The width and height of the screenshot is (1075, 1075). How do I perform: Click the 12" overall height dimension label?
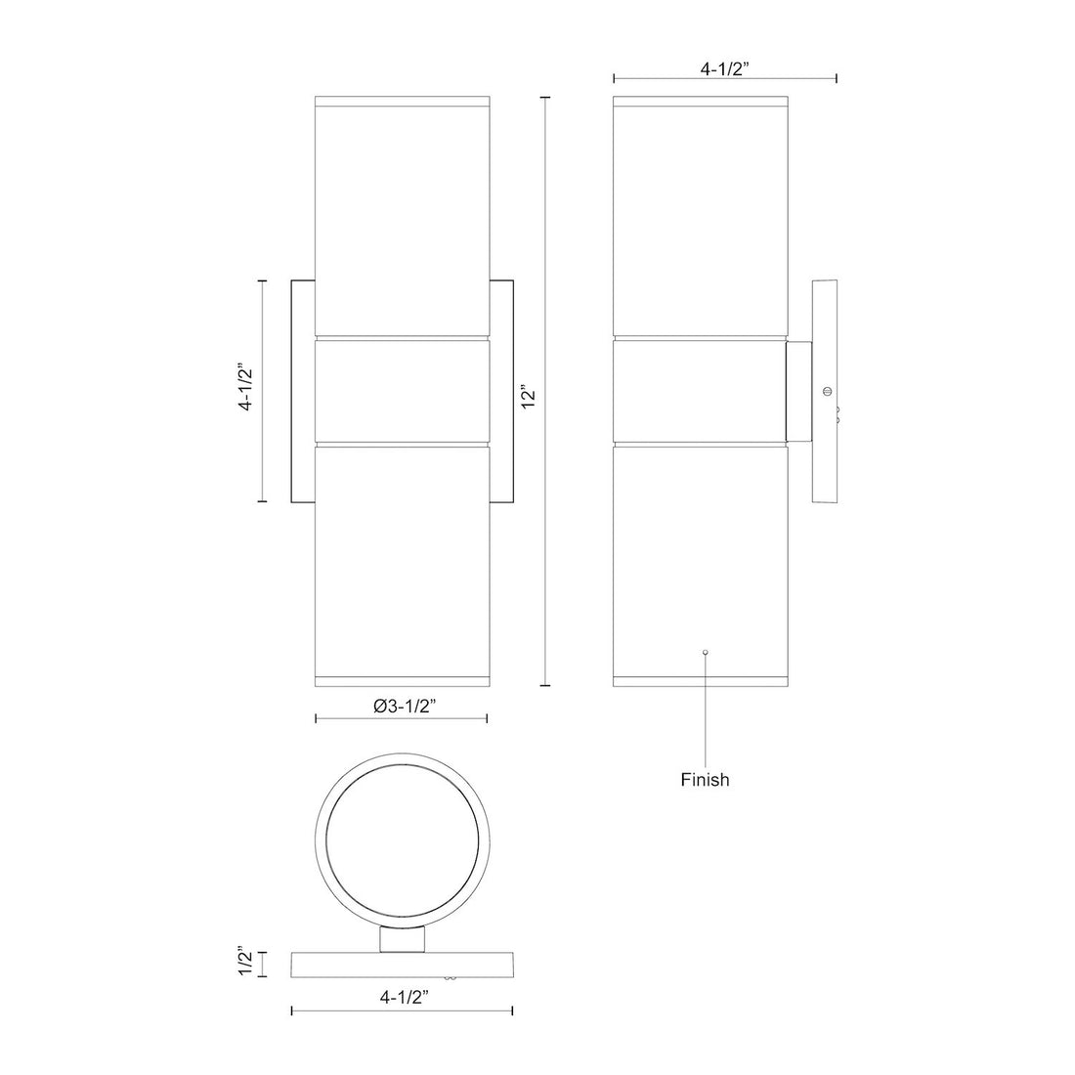point(529,391)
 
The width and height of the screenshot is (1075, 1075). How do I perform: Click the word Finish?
point(705,780)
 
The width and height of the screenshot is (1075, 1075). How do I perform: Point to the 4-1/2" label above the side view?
point(724,69)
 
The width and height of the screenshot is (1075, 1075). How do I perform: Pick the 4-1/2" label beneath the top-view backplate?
point(403,998)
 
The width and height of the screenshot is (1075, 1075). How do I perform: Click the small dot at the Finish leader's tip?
point(706,652)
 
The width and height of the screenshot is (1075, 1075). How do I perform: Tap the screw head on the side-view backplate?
point(828,392)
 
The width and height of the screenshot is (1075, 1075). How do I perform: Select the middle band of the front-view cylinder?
point(402,391)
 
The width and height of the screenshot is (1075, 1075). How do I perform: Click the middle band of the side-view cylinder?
point(699,391)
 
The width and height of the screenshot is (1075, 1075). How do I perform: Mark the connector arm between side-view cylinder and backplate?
point(797,391)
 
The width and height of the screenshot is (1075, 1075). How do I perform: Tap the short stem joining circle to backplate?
point(402,939)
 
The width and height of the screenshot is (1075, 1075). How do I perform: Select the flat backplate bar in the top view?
point(402,964)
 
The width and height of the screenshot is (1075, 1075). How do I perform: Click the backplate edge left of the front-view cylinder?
point(302,391)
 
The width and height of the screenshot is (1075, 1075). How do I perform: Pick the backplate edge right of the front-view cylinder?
point(501,391)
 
